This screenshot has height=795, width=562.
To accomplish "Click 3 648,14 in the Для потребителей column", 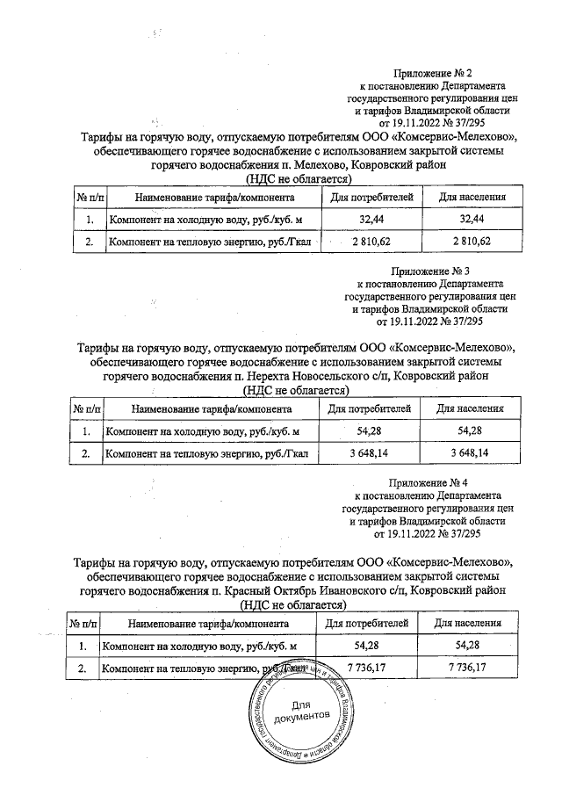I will click(x=370, y=452).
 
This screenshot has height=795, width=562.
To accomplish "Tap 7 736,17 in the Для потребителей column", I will click(x=368, y=669).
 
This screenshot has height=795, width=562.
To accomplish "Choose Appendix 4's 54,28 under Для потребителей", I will click(x=368, y=647).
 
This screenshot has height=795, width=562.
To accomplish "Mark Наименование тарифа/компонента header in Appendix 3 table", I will click(x=211, y=409).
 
